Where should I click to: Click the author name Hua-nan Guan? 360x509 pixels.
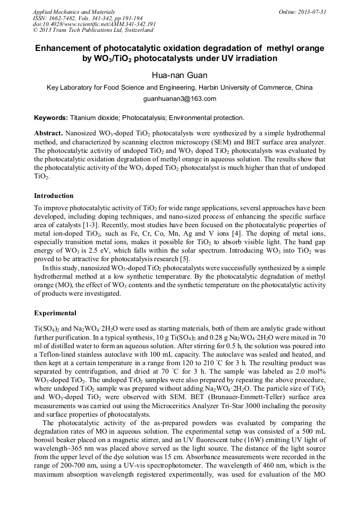click(x=180, y=75)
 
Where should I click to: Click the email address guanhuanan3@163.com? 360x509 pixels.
click(x=180, y=99)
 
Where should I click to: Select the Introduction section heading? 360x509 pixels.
click(x=54, y=196)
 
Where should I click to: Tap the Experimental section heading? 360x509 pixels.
click(x=55, y=313)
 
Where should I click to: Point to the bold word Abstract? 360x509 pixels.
click(x=49, y=132)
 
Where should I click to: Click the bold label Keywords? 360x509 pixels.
click(x=51, y=117)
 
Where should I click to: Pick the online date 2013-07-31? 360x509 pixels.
click(x=312, y=12)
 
